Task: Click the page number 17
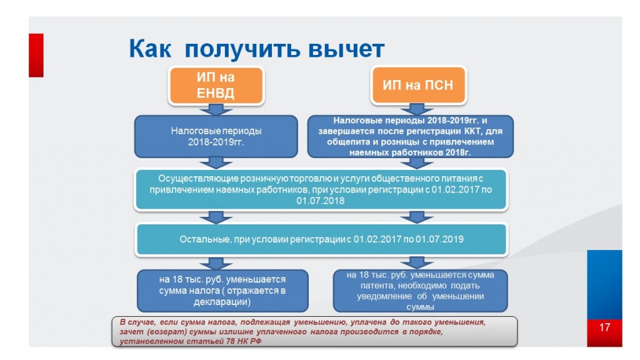coord(604,327)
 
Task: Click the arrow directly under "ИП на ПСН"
coord(410,109)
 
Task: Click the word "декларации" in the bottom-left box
coord(223,302)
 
